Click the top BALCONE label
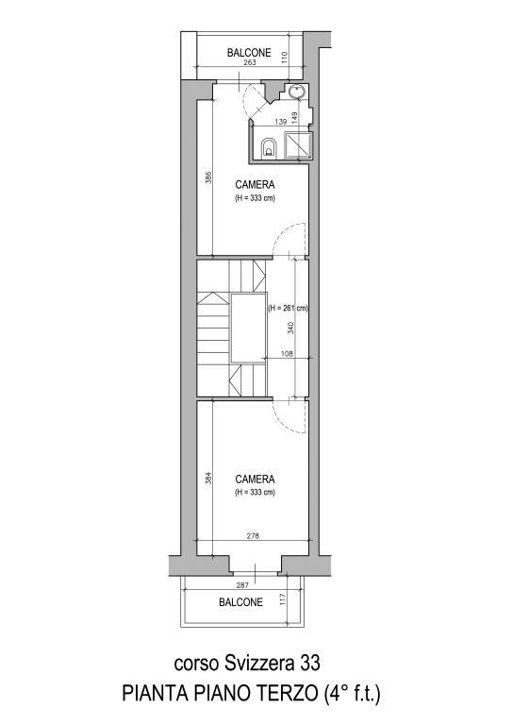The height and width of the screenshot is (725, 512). coord(249,53)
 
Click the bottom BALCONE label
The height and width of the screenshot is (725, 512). coord(240,602)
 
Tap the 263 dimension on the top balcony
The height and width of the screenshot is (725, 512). coord(249,62)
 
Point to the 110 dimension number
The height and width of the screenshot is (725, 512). coord(285,58)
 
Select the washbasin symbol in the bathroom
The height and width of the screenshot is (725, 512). coord(296,92)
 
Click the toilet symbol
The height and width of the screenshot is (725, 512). coord(269,147)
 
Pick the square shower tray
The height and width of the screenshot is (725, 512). coord(298,145)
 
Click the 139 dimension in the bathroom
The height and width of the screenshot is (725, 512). coord(281,122)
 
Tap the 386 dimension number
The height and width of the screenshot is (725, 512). coord(208,178)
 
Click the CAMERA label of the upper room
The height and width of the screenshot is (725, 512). coord(255,184)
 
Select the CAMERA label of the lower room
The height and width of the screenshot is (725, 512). coord(255,479)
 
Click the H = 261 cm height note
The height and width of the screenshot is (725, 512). coord(289,308)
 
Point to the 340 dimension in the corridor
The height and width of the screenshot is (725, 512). coord(290,329)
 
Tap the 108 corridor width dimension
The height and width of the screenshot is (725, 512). coord(288,354)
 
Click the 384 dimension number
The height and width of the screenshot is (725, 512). coord(208,478)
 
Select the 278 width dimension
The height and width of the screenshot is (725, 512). coord(253,536)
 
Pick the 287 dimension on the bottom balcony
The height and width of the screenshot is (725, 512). coord(242,585)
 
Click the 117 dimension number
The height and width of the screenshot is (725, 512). coord(283,599)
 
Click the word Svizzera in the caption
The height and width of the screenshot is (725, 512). coord(259,663)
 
